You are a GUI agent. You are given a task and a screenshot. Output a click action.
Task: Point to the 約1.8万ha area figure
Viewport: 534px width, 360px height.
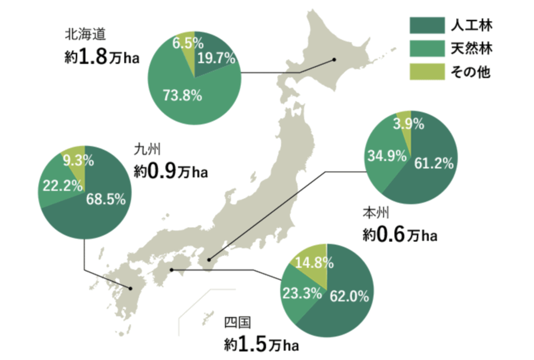(x=102, y=57)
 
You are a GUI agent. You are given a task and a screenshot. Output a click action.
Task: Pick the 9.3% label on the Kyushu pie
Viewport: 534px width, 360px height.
(x=76, y=161)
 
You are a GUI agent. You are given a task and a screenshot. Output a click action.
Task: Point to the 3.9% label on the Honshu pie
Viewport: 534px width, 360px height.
(x=408, y=124)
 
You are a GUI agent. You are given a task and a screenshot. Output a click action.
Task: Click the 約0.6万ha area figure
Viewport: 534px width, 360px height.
(x=399, y=235)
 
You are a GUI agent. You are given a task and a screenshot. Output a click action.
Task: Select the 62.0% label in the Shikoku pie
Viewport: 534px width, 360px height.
(x=349, y=297)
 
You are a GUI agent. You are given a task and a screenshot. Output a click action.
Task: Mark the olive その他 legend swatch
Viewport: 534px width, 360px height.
(x=427, y=72)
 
